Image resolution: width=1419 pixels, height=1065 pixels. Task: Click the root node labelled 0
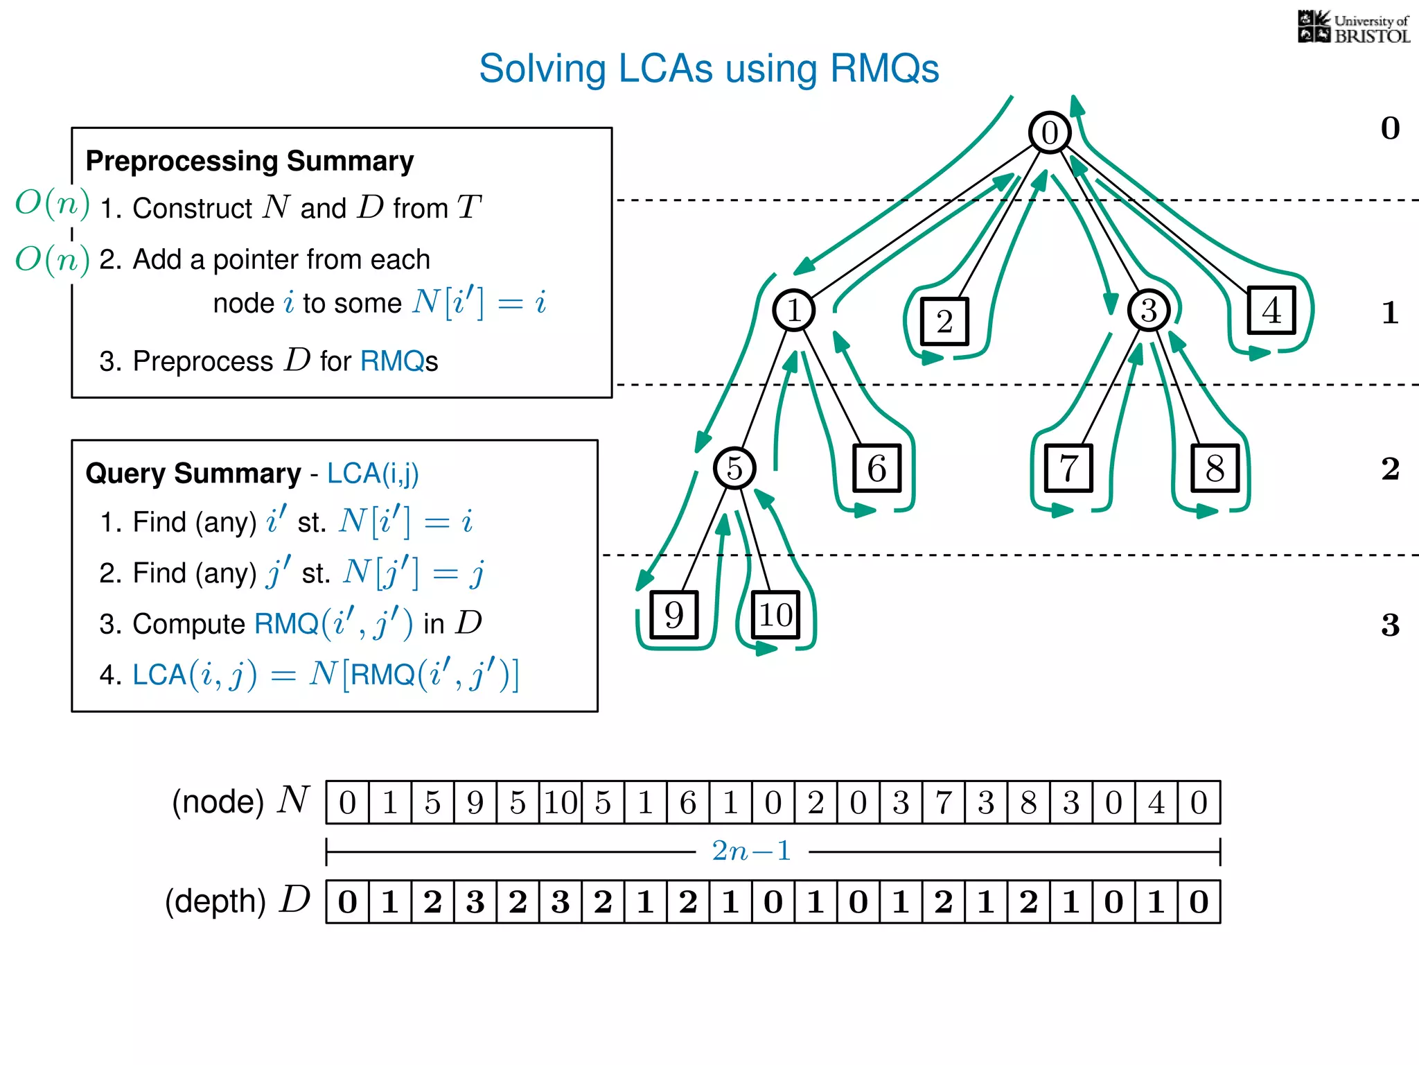tap(1050, 132)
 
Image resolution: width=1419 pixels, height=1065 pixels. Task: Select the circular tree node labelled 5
tap(734, 468)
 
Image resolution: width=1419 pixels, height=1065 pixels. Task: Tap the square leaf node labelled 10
tap(775, 615)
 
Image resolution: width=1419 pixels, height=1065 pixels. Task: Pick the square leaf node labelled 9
tap(673, 615)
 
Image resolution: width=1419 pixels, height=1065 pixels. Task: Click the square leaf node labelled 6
tap(876, 469)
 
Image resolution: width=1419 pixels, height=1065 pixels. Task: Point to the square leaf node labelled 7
tap(1068, 469)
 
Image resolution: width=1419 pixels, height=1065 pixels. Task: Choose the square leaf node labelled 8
tap(1215, 469)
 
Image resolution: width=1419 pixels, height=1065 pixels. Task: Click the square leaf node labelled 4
tap(1271, 311)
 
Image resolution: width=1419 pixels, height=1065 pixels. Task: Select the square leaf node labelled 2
tap(944, 321)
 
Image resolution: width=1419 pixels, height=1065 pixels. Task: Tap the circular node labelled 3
tap(1149, 310)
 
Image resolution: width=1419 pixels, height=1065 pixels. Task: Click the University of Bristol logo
tap(1354, 28)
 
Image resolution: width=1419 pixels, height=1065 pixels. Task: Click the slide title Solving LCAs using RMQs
tap(709, 69)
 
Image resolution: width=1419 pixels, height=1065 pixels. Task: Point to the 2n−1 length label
tap(752, 851)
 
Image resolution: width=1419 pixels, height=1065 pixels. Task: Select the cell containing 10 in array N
tap(561, 803)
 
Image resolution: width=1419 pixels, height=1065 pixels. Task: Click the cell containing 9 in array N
tap(475, 803)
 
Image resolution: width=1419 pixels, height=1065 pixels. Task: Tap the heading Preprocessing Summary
tap(249, 161)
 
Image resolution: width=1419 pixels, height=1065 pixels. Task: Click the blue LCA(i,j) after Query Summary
tap(373, 474)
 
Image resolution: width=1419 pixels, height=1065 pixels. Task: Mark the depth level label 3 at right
tap(1390, 625)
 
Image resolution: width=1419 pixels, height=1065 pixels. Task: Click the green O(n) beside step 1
tap(53, 203)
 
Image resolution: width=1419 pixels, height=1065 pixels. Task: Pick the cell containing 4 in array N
tap(1156, 803)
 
